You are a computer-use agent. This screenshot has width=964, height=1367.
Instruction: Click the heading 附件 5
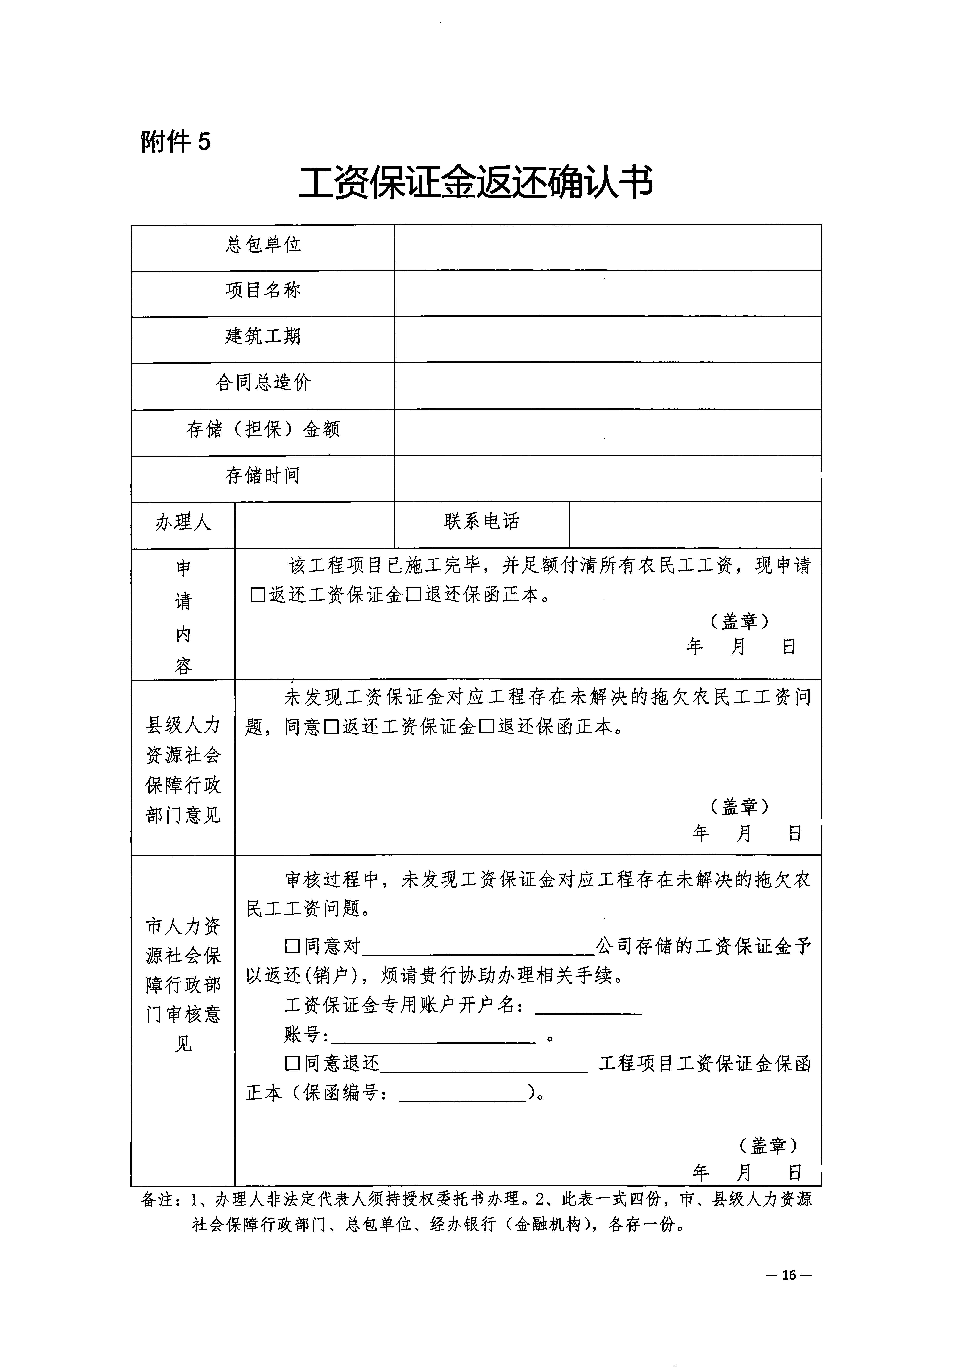[x=175, y=142]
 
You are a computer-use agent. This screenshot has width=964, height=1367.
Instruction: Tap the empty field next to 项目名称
[x=607, y=294]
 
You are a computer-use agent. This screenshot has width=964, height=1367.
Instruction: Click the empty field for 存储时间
[x=607, y=479]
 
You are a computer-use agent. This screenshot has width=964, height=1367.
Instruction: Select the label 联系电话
[x=481, y=522]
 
